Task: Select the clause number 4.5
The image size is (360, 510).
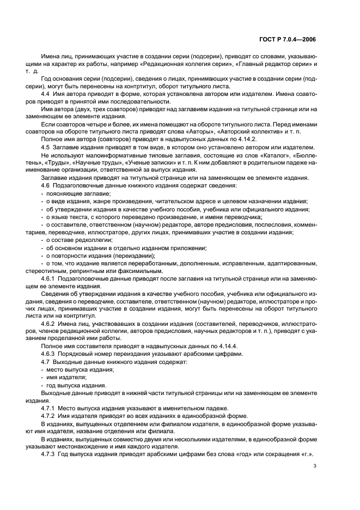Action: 45,147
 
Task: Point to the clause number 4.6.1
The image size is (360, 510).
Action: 49,278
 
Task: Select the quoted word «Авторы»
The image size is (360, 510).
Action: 196,132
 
